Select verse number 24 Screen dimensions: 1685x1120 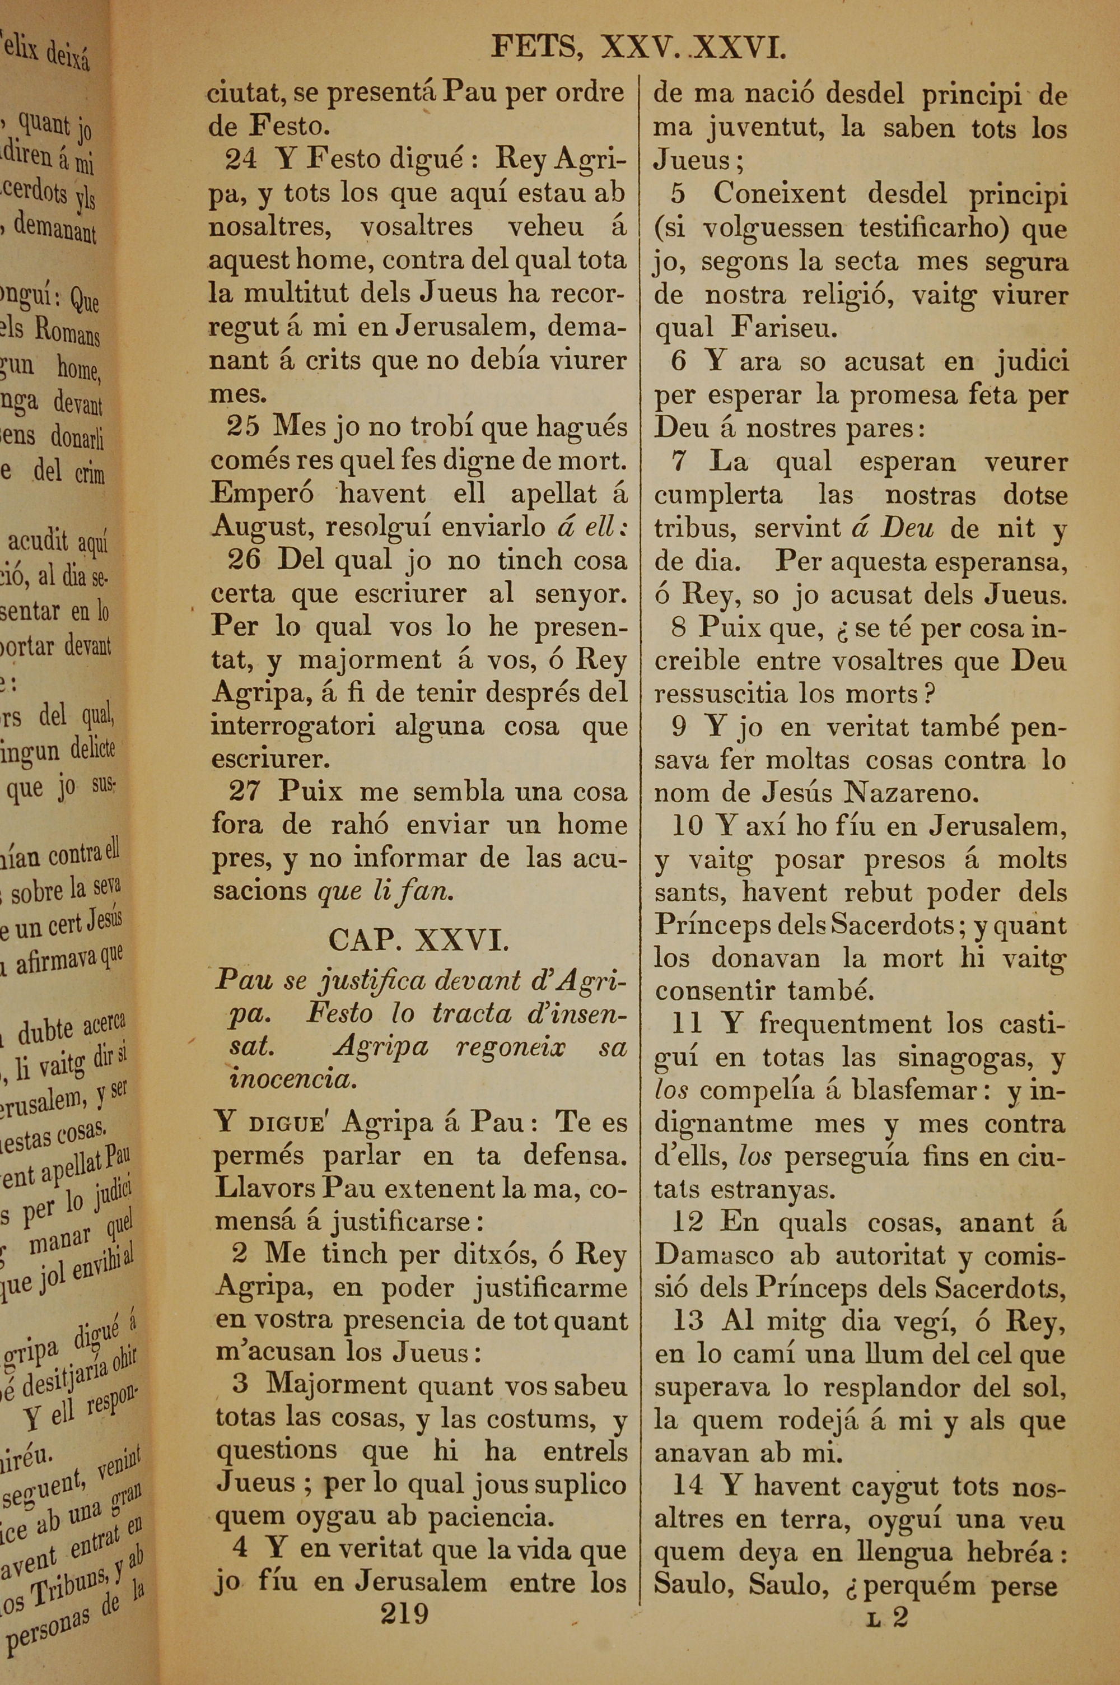pyautogui.click(x=241, y=159)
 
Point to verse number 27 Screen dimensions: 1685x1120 pyautogui.click(x=244, y=792)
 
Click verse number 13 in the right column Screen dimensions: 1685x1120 pyautogui.click(x=687, y=1320)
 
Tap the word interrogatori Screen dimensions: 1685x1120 pyautogui.click(x=293, y=726)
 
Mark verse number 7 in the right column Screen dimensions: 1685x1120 pyautogui.click(x=679, y=462)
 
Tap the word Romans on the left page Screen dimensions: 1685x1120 pyautogui.click(x=68, y=332)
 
